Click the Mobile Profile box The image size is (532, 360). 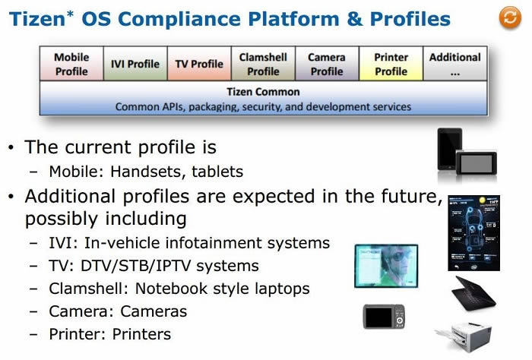point(71,64)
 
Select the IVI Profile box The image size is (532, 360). point(135,64)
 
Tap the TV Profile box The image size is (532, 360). point(199,64)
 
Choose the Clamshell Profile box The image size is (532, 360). point(263,64)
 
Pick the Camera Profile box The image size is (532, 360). point(327,64)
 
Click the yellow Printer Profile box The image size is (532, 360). point(391,64)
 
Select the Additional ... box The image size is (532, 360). point(455,64)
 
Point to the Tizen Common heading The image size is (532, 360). point(263,92)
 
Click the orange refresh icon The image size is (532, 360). point(510,17)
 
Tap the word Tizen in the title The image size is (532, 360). point(37,19)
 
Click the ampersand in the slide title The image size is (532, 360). point(355,19)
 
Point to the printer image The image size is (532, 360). point(464,336)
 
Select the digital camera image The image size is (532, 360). point(384,317)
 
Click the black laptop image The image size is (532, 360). point(473,294)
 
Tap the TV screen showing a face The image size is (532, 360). point(386,266)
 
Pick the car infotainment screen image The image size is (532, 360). point(473,233)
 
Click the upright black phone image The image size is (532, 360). point(450,149)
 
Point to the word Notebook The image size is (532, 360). point(171,289)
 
